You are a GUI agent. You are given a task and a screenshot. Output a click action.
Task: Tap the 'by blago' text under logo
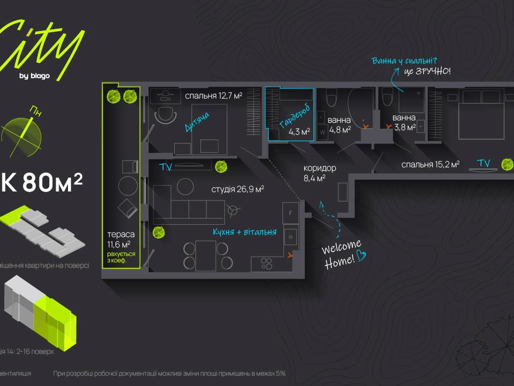click(x=34, y=76)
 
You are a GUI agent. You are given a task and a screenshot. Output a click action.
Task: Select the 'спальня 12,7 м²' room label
click(x=214, y=96)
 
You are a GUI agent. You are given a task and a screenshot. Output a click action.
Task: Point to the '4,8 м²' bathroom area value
click(x=339, y=129)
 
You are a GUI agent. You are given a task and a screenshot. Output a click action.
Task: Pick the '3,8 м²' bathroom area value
click(x=404, y=128)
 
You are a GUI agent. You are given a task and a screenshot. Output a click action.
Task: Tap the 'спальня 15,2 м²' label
click(x=430, y=165)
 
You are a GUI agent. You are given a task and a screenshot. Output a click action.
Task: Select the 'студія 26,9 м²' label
click(x=238, y=189)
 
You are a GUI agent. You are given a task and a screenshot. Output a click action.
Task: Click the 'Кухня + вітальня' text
click(x=244, y=232)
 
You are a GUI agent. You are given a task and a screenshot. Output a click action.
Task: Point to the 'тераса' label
click(x=121, y=235)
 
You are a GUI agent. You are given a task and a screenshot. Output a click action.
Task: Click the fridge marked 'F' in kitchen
click(x=290, y=213)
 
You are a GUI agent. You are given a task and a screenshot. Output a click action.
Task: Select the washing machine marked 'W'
click(x=323, y=130)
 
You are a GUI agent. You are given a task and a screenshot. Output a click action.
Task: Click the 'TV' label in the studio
click(x=166, y=167)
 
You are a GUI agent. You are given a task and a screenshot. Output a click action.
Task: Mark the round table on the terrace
click(x=128, y=186)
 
